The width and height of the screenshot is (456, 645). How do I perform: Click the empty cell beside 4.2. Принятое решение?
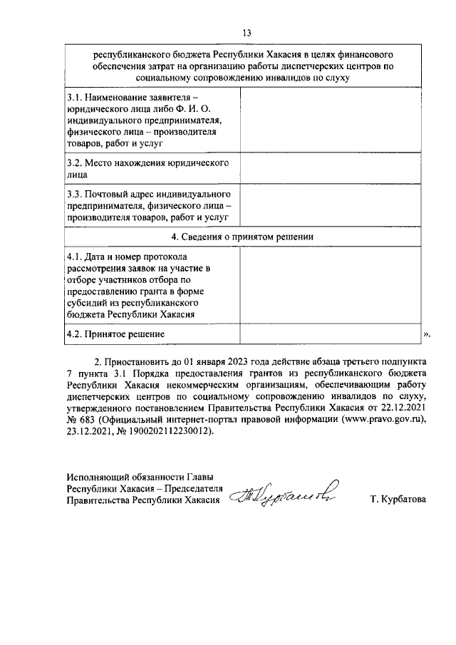[x=330, y=334]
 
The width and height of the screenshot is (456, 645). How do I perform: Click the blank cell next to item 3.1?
[x=330, y=120]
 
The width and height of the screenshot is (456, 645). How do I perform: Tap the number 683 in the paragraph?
[x=88, y=420]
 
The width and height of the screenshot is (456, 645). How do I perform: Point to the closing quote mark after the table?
[x=427, y=334]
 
